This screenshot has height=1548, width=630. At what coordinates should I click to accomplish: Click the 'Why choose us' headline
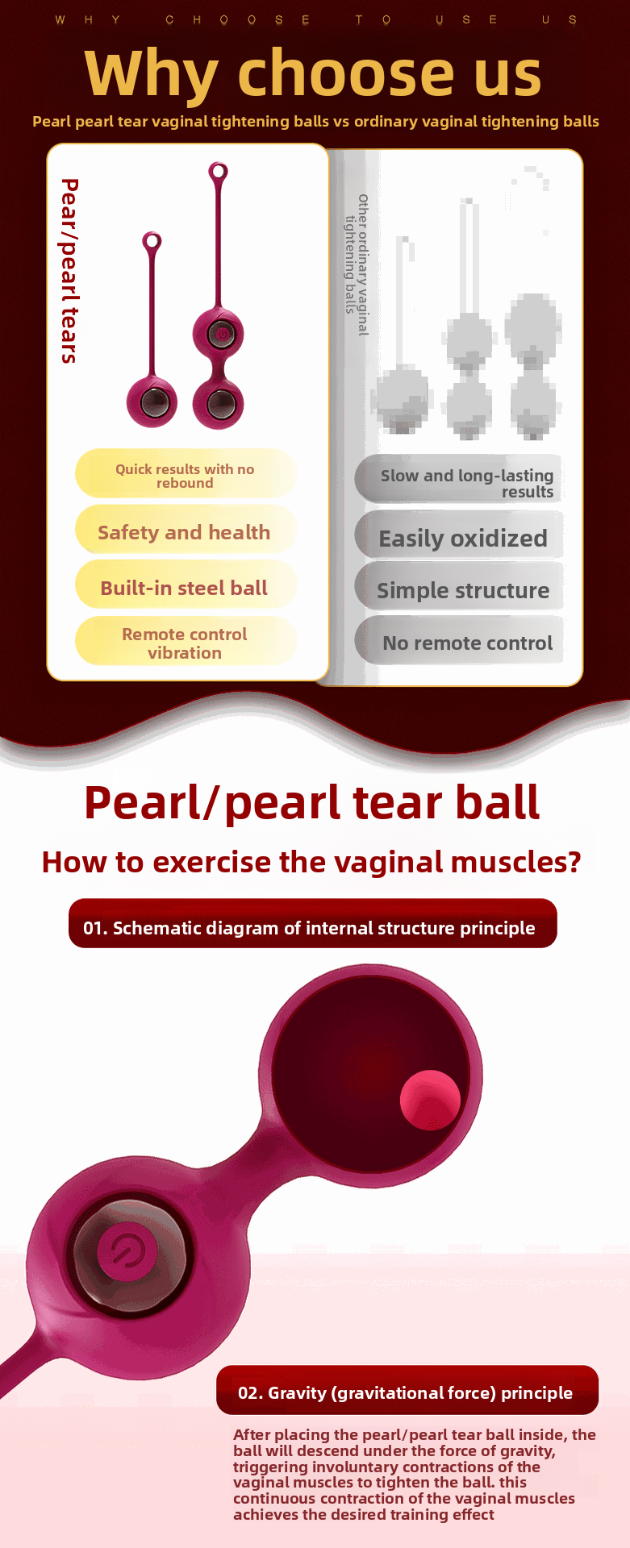[313, 74]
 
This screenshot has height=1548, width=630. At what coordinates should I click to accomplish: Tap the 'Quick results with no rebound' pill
[185, 476]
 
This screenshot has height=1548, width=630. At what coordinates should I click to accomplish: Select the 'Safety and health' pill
[184, 532]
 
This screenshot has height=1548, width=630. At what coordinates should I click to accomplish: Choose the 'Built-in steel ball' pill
[184, 588]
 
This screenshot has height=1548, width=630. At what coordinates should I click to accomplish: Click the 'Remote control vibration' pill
[185, 643]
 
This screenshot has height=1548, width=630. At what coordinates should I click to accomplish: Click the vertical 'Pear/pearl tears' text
[70, 271]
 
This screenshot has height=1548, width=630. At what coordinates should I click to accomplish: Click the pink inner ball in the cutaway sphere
[430, 1100]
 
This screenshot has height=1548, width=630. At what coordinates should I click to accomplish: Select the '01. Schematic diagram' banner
[313, 927]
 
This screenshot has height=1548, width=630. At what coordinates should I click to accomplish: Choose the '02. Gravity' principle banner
[406, 1392]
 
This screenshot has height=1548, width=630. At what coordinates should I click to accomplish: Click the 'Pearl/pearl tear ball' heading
[312, 803]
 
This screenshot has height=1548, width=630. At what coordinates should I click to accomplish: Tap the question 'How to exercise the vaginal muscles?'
[311, 862]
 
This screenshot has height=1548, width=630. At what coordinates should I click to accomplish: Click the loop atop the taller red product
[218, 172]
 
